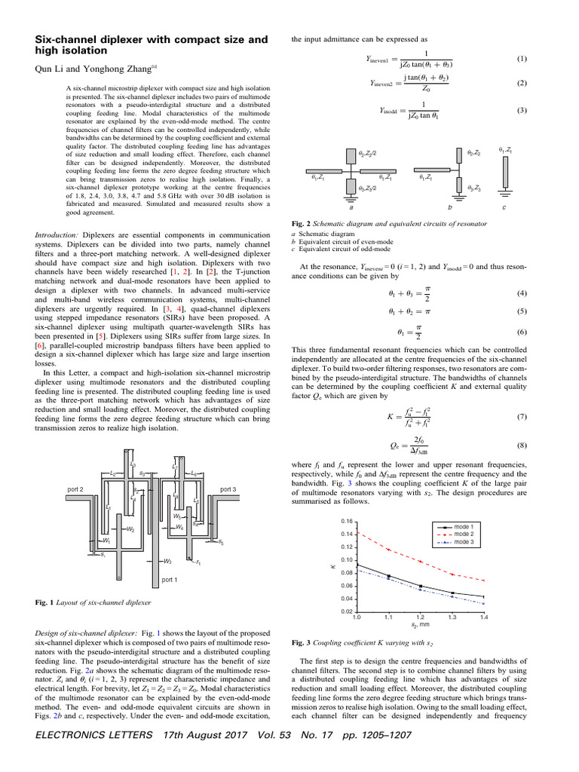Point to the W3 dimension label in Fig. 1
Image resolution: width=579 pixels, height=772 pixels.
click(167, 562)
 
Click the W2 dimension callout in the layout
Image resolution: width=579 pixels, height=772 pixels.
click(130, 529)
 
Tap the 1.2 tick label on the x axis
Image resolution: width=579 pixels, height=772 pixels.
click(420, 617)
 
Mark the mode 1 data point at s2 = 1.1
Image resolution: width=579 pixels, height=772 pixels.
click(389, 577)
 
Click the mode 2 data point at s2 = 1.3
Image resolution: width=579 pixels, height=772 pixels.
click(452, 574)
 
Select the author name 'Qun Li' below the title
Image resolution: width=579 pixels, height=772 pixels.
click(49, 69)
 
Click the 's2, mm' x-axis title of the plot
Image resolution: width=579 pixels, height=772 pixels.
click(420, 626)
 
